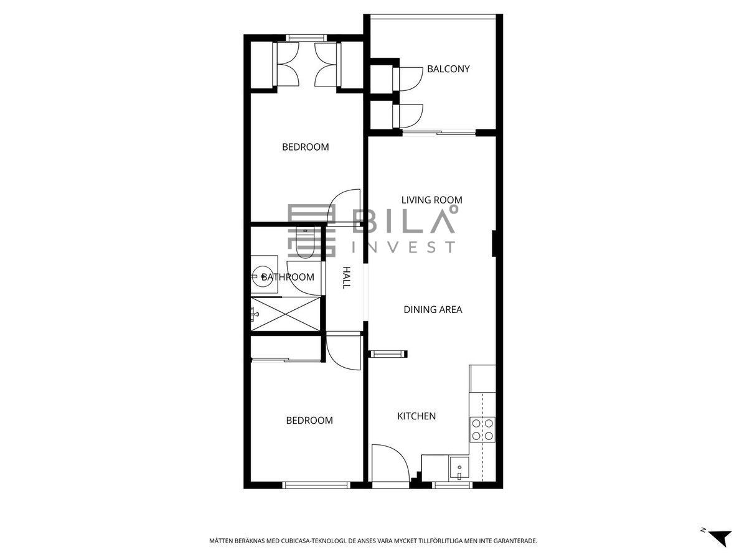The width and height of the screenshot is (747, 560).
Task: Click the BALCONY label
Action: [x=448, y=69]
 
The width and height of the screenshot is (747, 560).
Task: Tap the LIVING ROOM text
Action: [x=431, y=200]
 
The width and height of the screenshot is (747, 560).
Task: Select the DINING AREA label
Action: [x=433, y=309]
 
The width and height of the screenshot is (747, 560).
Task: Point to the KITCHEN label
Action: [x=416, y=416]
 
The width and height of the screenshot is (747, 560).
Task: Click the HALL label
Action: [x=346, y=278]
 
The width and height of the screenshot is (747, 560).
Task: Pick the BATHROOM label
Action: [x=288, y=277]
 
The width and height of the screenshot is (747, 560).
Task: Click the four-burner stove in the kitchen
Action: [x=482, y=430]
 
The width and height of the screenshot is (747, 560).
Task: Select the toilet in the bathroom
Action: [x=305, y=243]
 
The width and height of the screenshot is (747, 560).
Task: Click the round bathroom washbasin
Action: [x=261, y=276]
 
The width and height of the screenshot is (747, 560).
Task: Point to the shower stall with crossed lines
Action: [x=286, y=314]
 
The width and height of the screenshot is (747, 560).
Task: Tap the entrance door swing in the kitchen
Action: [x=390, y=462]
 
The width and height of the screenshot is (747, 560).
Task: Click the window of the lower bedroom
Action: [x=316, y=485]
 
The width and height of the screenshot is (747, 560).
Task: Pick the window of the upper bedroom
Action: [x=306, y=38]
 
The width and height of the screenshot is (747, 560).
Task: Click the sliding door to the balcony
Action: [x=439, y=132]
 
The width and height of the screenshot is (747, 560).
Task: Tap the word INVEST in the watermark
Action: [x=403, y=247]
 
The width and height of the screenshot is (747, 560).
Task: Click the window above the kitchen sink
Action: [x=453, y=485]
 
